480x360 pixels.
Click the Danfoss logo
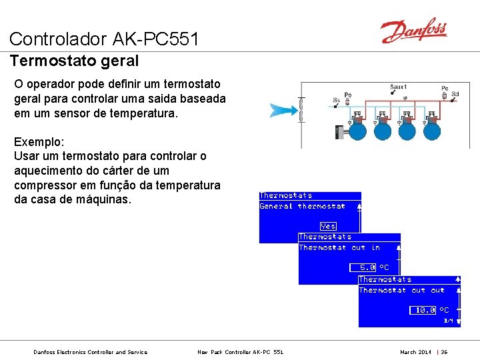click(x=413, y=31)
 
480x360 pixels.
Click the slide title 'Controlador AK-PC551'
click(x=104, y=39)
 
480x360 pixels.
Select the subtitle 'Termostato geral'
click(x=74, y=61)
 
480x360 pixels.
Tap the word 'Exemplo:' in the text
click(x=39, y=142)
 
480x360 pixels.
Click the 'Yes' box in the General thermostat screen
click(x=328, y=226)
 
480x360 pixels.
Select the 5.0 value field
click(x=367, y=267)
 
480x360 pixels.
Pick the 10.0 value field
click(x=424, y=310)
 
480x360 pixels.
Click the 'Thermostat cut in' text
click(x=339, y=248)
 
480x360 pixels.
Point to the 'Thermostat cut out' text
click(x=401, y=290)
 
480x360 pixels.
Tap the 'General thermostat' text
click(x=302, y=206)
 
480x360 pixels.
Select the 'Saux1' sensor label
click(x=398, y=87)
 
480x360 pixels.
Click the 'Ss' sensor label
click(x=336, y=101)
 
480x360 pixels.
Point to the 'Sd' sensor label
click(x=455, y=95)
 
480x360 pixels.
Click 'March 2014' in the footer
click(x=415, y=352)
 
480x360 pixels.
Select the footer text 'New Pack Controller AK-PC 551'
click(x=240, y=352)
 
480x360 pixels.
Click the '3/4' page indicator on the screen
click(x=449, y=321)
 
